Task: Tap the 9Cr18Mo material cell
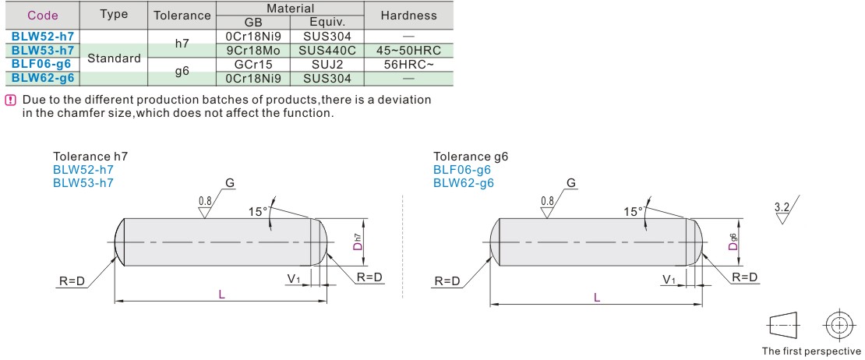point(252,50)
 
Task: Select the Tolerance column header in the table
point(182,16)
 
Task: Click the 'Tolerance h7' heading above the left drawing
point(90,157)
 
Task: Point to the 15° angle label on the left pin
point(259,210)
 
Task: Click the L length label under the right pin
point(597,298)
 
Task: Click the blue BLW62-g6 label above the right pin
point(464,183)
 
